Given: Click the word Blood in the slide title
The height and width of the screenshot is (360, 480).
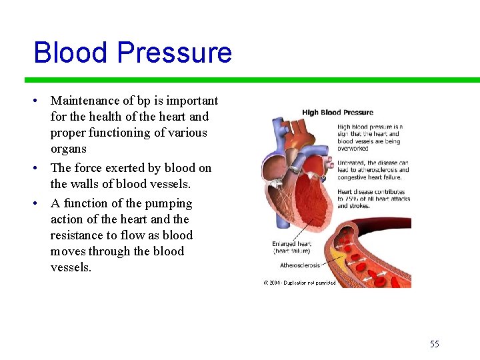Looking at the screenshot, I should [69, 53].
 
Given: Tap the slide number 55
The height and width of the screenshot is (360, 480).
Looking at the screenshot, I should [435, 344].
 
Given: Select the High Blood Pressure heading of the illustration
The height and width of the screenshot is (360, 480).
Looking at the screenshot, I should [337, 112].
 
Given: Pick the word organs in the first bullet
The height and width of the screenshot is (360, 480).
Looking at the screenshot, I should [69, 149].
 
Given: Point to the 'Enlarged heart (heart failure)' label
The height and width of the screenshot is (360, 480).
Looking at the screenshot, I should [291, 247].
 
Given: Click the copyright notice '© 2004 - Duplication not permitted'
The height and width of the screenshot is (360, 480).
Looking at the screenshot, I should [299, 283].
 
